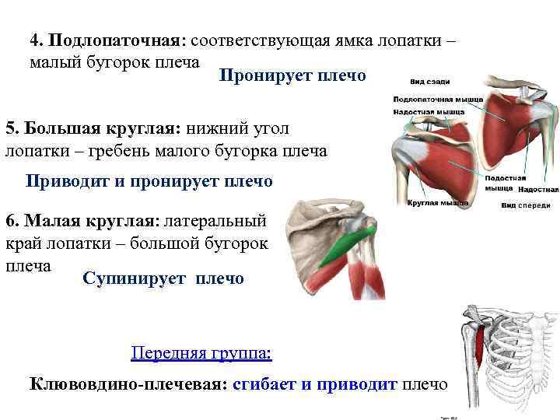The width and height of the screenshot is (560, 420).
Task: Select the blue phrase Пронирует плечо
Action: tap(292, 75)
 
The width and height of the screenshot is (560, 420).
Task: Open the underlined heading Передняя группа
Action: tap(201, 354)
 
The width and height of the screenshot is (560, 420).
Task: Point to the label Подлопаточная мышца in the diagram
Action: tap(438, 100)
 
